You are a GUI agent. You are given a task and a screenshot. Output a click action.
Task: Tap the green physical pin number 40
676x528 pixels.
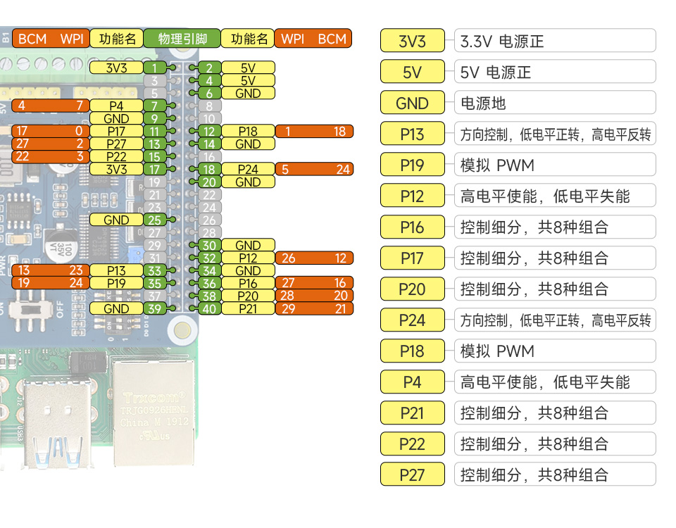209,308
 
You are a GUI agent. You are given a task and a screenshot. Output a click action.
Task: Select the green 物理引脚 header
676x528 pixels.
182,39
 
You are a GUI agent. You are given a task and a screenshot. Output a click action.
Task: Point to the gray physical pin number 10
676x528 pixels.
209,118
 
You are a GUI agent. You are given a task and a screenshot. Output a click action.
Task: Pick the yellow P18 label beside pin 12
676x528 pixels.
248,131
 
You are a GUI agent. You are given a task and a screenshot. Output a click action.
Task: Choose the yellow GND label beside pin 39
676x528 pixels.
116,308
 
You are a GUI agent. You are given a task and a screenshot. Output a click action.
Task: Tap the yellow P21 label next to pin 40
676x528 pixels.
248,308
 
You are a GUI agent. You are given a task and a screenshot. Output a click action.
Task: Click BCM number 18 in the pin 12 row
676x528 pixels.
339,131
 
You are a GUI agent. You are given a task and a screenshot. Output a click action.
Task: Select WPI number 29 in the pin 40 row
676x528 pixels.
287,308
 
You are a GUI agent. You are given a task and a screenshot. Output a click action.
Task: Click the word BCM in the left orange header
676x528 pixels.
32,39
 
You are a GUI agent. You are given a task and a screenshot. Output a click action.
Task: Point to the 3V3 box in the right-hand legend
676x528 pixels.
413,41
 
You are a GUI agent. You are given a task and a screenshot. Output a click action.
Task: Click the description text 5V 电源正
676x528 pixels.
496,72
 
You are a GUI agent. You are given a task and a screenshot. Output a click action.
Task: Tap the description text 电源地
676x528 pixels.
483,103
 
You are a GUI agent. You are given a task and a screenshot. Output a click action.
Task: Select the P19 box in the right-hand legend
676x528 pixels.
413,165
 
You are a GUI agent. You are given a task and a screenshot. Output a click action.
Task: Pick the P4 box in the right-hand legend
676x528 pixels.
413,382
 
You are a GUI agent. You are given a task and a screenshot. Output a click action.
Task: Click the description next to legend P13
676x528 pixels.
555,134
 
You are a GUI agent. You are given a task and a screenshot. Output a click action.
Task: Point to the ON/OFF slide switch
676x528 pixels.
32,310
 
